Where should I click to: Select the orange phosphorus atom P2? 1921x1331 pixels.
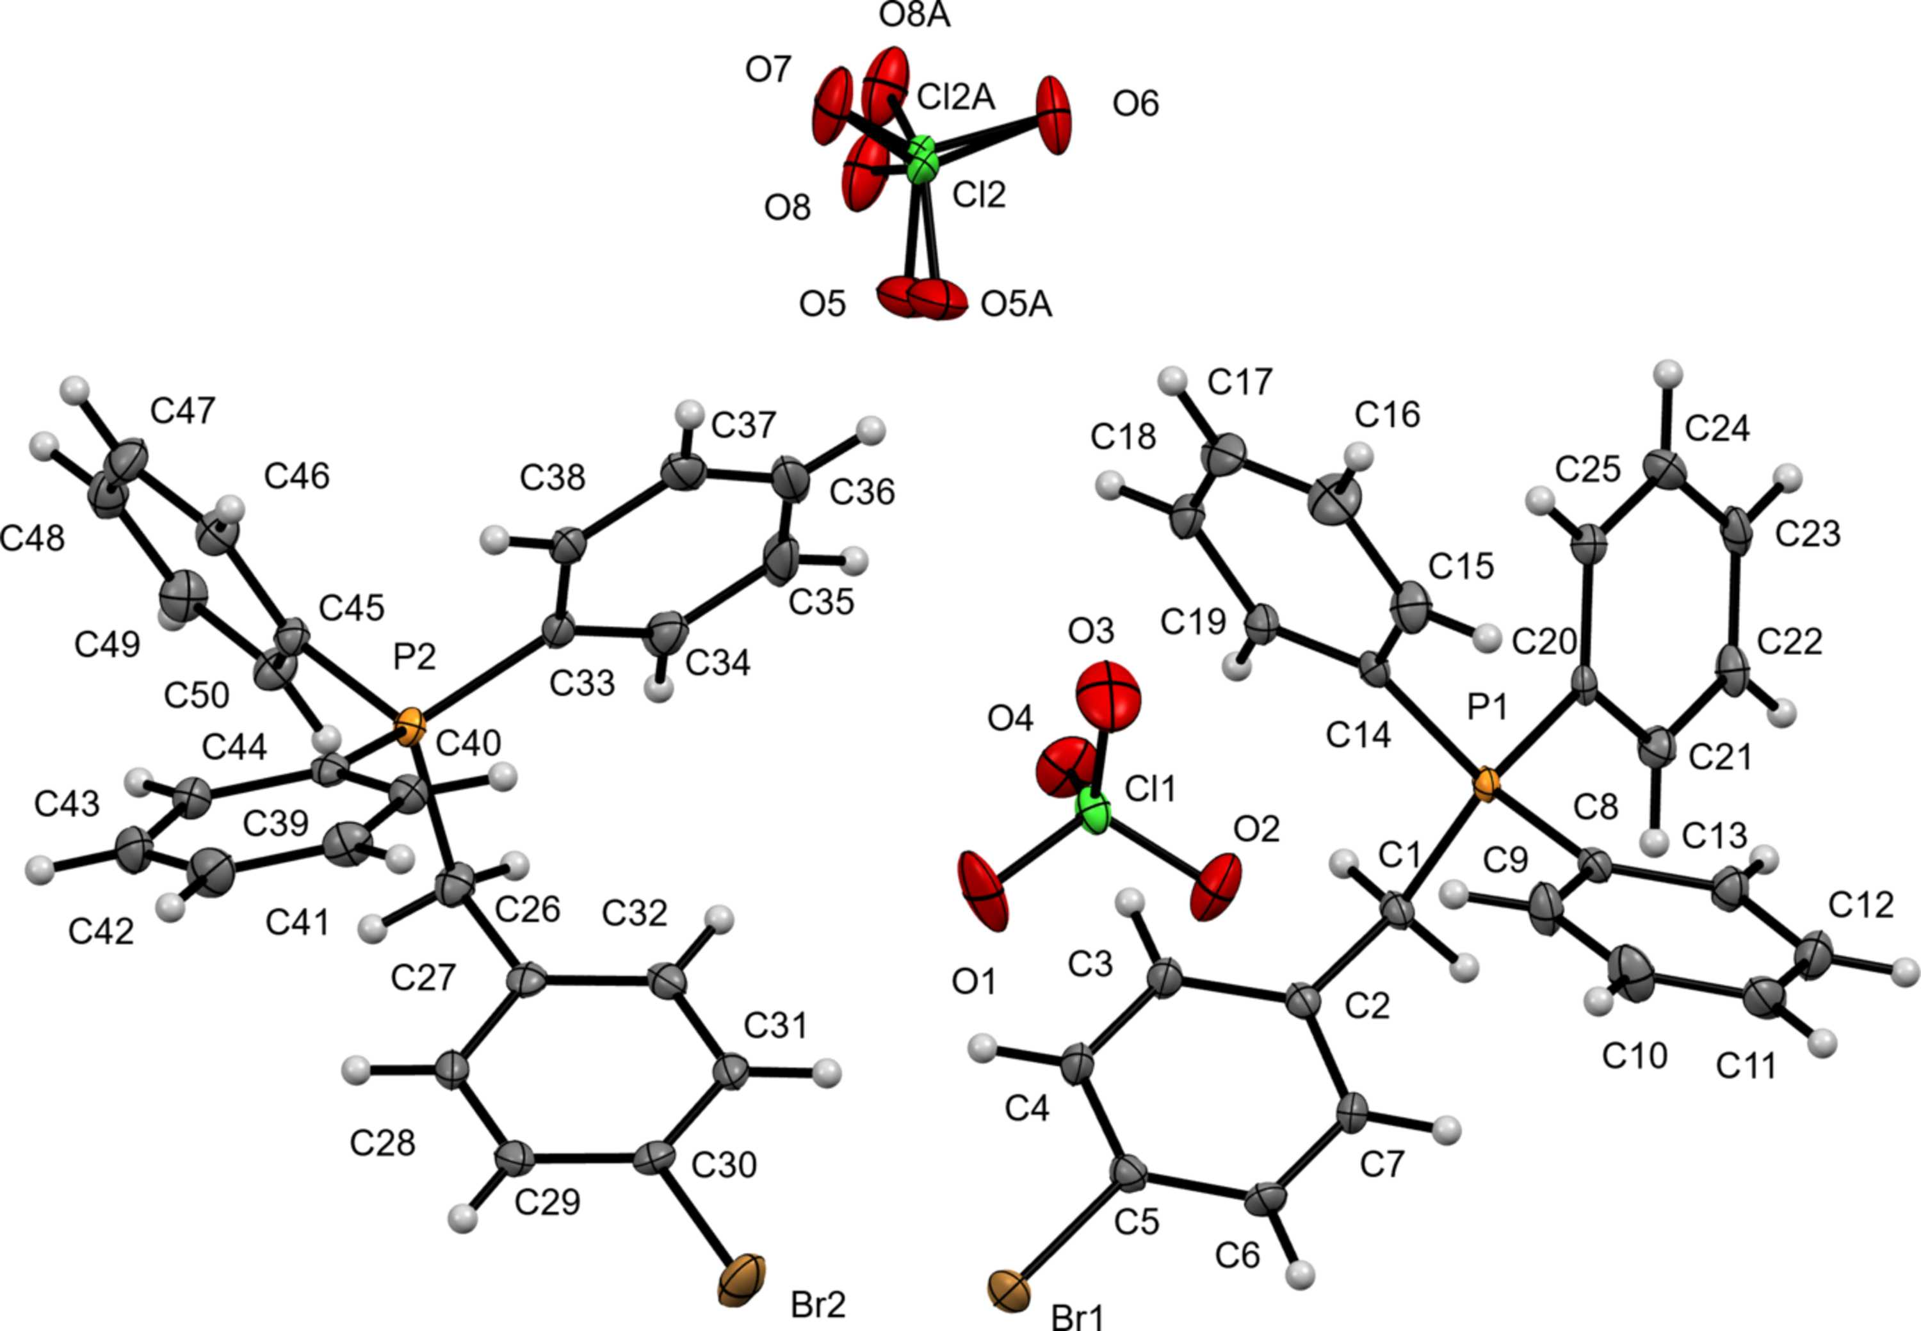click(x=410, y=729)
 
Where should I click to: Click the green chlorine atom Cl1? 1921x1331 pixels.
click(x=1094, y=811)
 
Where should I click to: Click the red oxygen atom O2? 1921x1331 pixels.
click(x=1215, y=887)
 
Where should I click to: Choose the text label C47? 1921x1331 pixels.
click(x=182, y=410)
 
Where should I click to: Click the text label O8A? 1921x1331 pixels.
click(x=915, y=16)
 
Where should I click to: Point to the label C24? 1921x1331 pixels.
click(x=1717, y=429)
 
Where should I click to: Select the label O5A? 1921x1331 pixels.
click(x=1016, y=305)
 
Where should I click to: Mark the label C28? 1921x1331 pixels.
click(x=382, y=1143)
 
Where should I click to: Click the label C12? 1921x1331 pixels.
click(x=1861, y=905)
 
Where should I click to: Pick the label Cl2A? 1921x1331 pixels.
click(x=956, y=97)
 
